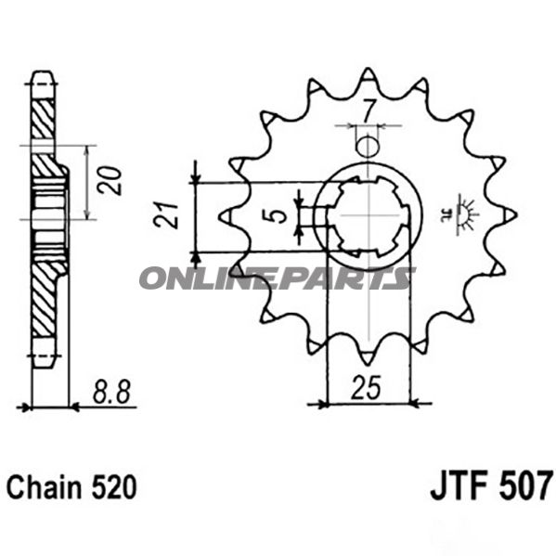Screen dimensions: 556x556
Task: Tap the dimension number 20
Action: tap(111, 181)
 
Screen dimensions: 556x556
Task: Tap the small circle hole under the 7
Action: tap(369, 147)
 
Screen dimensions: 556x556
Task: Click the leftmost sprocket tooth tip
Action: tap(223, 216)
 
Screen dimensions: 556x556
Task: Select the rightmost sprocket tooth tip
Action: tap(513, 215)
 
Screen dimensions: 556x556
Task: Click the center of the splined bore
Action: tap(369, 216)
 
